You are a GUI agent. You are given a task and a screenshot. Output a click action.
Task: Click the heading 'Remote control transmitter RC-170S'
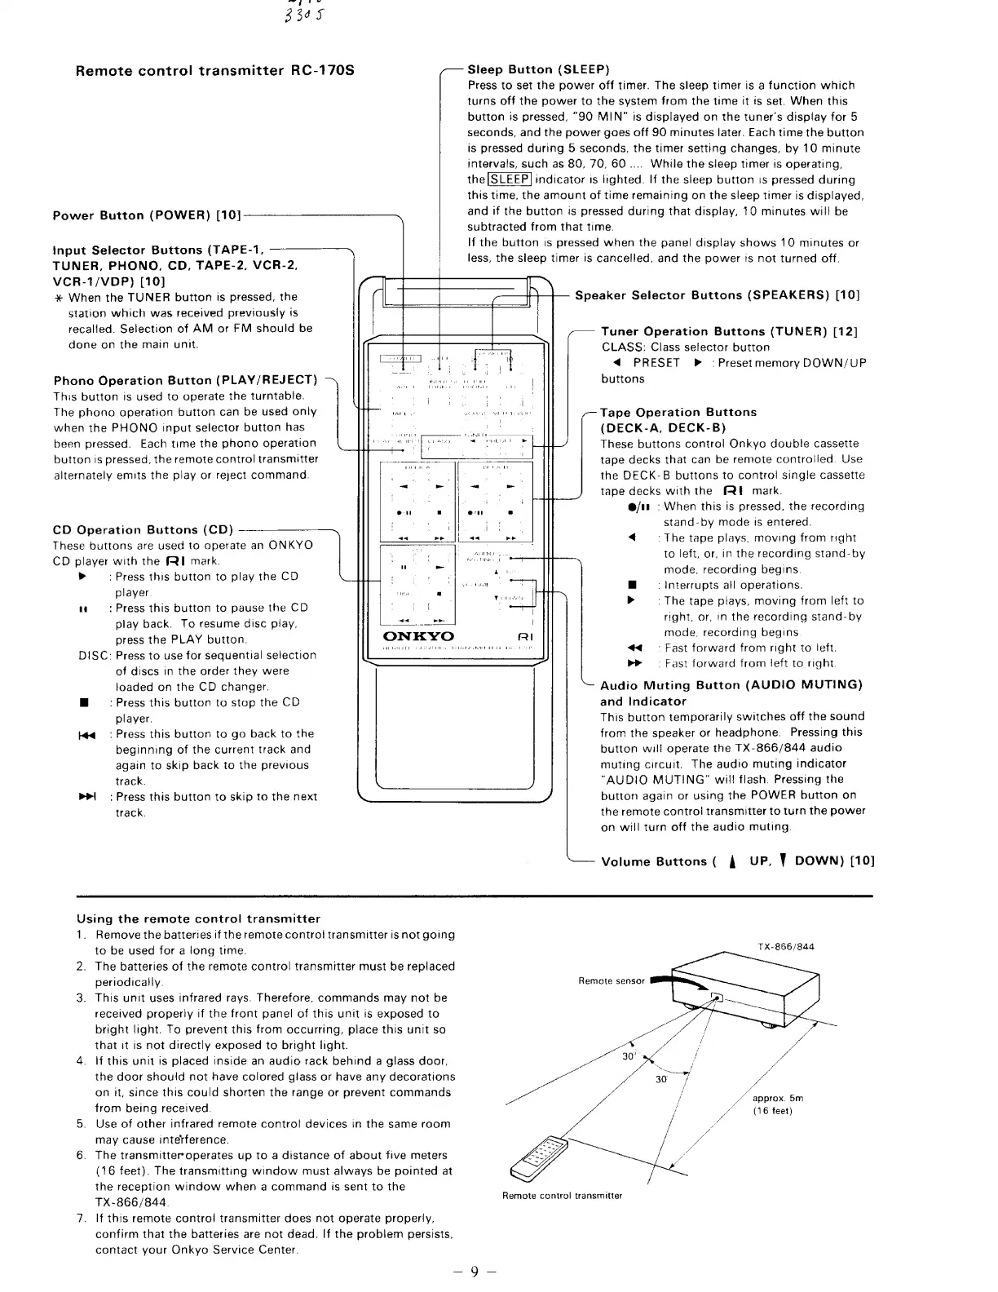[214, 70]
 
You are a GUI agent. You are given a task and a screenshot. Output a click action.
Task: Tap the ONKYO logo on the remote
[418, 636]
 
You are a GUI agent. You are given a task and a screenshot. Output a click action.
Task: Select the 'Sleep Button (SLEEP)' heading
[538, 69]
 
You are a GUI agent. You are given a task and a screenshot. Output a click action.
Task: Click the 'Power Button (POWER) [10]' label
[147, 216]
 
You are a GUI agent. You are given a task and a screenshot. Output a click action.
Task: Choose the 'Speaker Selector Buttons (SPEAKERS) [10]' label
[717, 295]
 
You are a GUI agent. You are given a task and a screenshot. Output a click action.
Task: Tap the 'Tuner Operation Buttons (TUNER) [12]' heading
[729, 332]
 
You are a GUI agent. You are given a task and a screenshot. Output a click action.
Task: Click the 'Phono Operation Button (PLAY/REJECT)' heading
[185, 380]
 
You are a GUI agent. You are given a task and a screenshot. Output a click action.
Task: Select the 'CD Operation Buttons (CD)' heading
[143, 530]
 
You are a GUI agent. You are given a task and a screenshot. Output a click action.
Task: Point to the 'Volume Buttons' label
[653, 861]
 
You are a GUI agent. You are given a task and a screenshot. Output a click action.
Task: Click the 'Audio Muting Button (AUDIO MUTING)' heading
[731, 685]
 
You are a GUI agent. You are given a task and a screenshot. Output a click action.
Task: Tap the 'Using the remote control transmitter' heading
[198, 918]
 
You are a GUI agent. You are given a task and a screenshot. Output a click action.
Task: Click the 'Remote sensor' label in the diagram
[611, 981]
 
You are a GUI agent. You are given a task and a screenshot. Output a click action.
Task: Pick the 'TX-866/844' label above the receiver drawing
[785, 947]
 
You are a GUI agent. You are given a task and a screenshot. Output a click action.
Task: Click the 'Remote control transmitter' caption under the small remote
[562, 1196]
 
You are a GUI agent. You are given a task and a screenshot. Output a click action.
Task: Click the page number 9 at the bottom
[475, 1270]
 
